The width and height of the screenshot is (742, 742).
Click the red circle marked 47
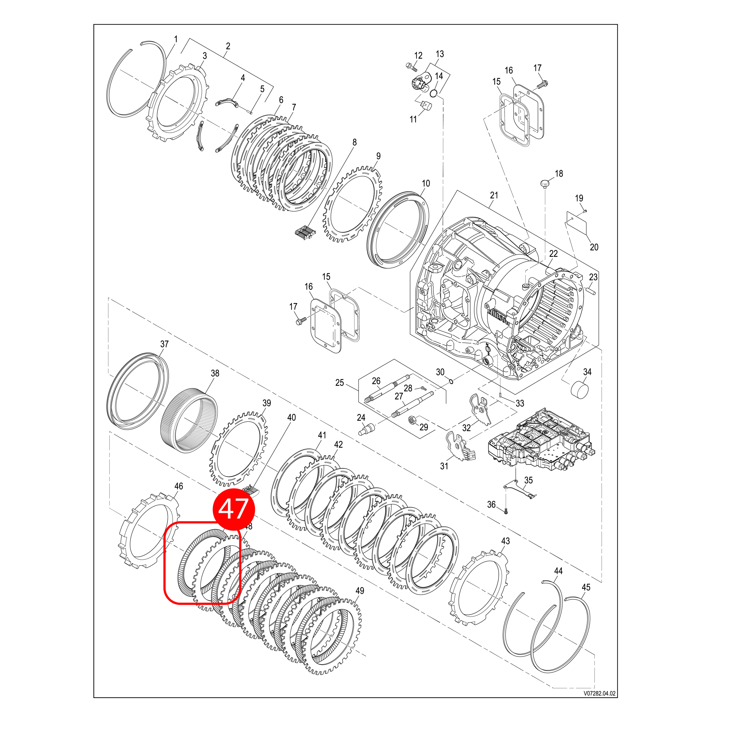click(x=234, y=509)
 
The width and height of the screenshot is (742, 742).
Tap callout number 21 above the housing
click(x=494, y=195)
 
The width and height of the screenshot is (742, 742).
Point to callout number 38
click(x=215, y=373)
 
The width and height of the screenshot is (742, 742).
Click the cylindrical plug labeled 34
click(x=580, y=391)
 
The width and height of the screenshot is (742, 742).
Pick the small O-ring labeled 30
click(x=451, y=381)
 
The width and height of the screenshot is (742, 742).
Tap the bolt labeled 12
click(x=411, y=67)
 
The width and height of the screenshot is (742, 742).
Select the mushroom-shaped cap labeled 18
click(x=545, y=183)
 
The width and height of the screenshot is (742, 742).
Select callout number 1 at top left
click(x=176, y=39)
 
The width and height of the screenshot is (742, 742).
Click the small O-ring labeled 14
click(x=434, y=93)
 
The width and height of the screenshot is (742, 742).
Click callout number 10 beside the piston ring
click(x=425, y=183)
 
